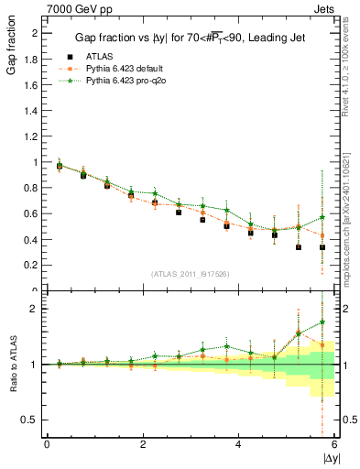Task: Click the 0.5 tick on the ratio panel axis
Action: pos(27,420)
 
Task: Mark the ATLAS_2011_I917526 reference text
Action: pos(191,274)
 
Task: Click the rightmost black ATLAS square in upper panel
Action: pos(322,247)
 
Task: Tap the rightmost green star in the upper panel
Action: pos(322,217)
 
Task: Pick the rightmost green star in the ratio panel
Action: pos(322,322)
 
